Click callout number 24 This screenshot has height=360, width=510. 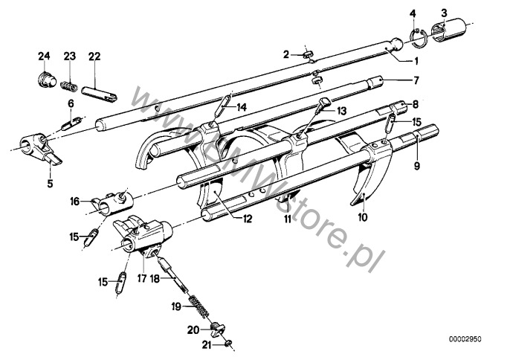45,56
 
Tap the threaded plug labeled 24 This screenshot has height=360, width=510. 45,79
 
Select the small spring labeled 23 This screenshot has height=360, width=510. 69,86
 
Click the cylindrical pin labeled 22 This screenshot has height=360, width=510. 99,94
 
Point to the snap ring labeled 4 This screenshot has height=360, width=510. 418,39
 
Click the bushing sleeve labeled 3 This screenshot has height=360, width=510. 448,30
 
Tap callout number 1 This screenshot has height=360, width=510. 416,61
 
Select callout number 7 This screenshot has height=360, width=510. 416,80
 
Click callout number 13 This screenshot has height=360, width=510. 342,111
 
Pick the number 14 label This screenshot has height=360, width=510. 242,107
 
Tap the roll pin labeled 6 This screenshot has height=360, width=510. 71,123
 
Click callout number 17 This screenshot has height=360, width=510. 142,279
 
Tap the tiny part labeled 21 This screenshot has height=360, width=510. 228,343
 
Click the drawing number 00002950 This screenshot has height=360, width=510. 465,339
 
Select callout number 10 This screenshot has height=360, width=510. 363,217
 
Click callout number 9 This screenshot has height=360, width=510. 417,166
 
